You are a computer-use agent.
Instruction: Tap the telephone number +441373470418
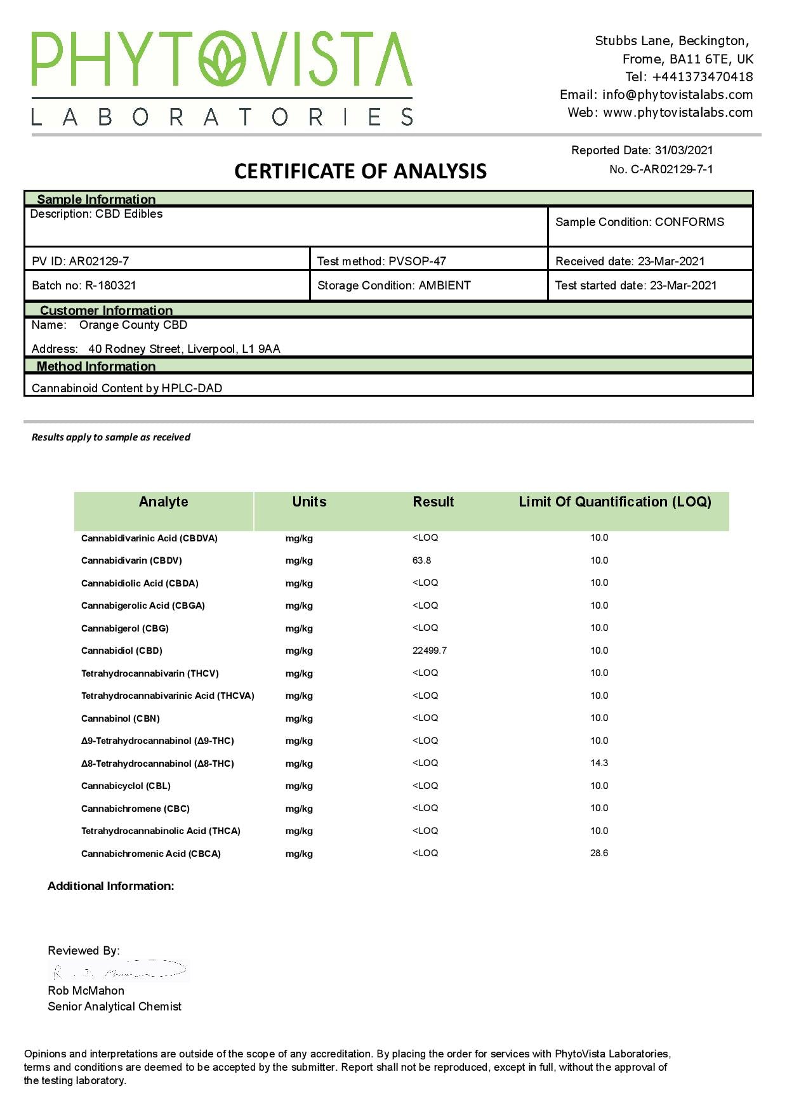(x=702, y=77)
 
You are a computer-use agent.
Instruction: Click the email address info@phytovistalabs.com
(x=677, y=95)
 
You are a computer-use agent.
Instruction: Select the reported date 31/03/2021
(x=684, y=150)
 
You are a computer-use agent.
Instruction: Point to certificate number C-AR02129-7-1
(x=671, y=169)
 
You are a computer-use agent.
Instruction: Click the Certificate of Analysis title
(x=360, y=171)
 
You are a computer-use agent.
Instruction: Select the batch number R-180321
(x=110, y=286)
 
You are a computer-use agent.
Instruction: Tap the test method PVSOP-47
(x=417, y=261)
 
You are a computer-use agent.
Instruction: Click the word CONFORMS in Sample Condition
(x=689, y=222)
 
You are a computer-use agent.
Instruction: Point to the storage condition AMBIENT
(x=444, y=286)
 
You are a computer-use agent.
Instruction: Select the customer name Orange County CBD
(x=133, y=325)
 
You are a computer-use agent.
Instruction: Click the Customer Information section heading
(x=106, y=310)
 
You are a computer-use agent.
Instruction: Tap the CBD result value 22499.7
(x=430, y=651)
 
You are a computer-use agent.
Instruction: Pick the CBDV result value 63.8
(x=421, y=560)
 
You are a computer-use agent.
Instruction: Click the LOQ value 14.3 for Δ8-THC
(x=599, y=763)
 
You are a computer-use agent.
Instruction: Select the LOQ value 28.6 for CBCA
(x=599, y=853)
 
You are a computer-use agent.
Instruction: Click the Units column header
(x=309, y=502)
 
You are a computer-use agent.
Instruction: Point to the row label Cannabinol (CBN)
(x=121, y=718)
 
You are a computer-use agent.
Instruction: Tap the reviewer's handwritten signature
(x=119, y=971)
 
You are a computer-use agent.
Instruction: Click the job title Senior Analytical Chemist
(x=114, y=1007)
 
